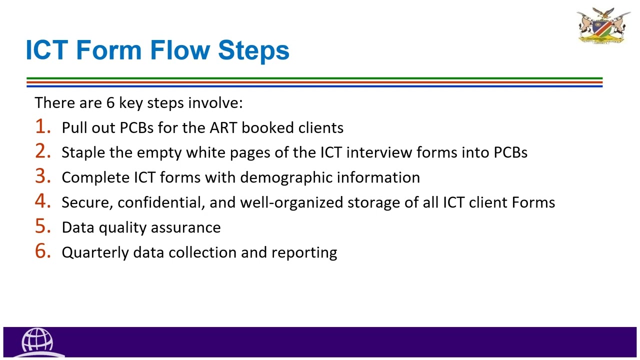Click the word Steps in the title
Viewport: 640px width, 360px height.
pos(253,50)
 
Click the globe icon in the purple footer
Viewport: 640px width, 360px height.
pos(37,340)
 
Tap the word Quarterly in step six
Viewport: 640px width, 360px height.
pos(95,252)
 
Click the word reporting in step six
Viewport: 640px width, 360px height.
pos(304,252)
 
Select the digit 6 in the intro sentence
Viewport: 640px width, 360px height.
pos(110,103)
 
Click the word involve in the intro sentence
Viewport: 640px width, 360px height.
pos(215,103)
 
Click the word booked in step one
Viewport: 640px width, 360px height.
pos(268,127)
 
